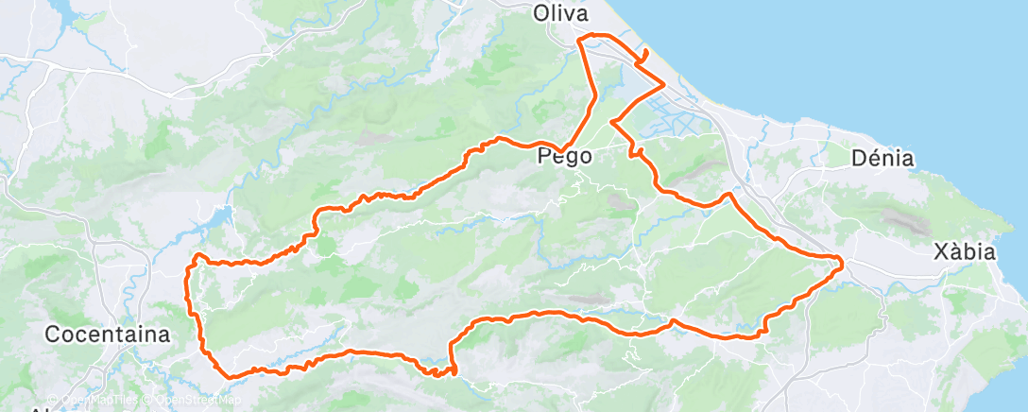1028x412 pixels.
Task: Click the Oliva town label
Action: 560,13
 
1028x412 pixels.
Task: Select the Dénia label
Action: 882,158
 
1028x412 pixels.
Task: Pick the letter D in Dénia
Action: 859,158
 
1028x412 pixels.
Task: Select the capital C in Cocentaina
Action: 54,334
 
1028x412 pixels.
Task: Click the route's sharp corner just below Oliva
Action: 581,37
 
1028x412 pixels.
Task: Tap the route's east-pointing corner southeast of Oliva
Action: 664,84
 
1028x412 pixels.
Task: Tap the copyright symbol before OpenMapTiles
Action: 53,400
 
